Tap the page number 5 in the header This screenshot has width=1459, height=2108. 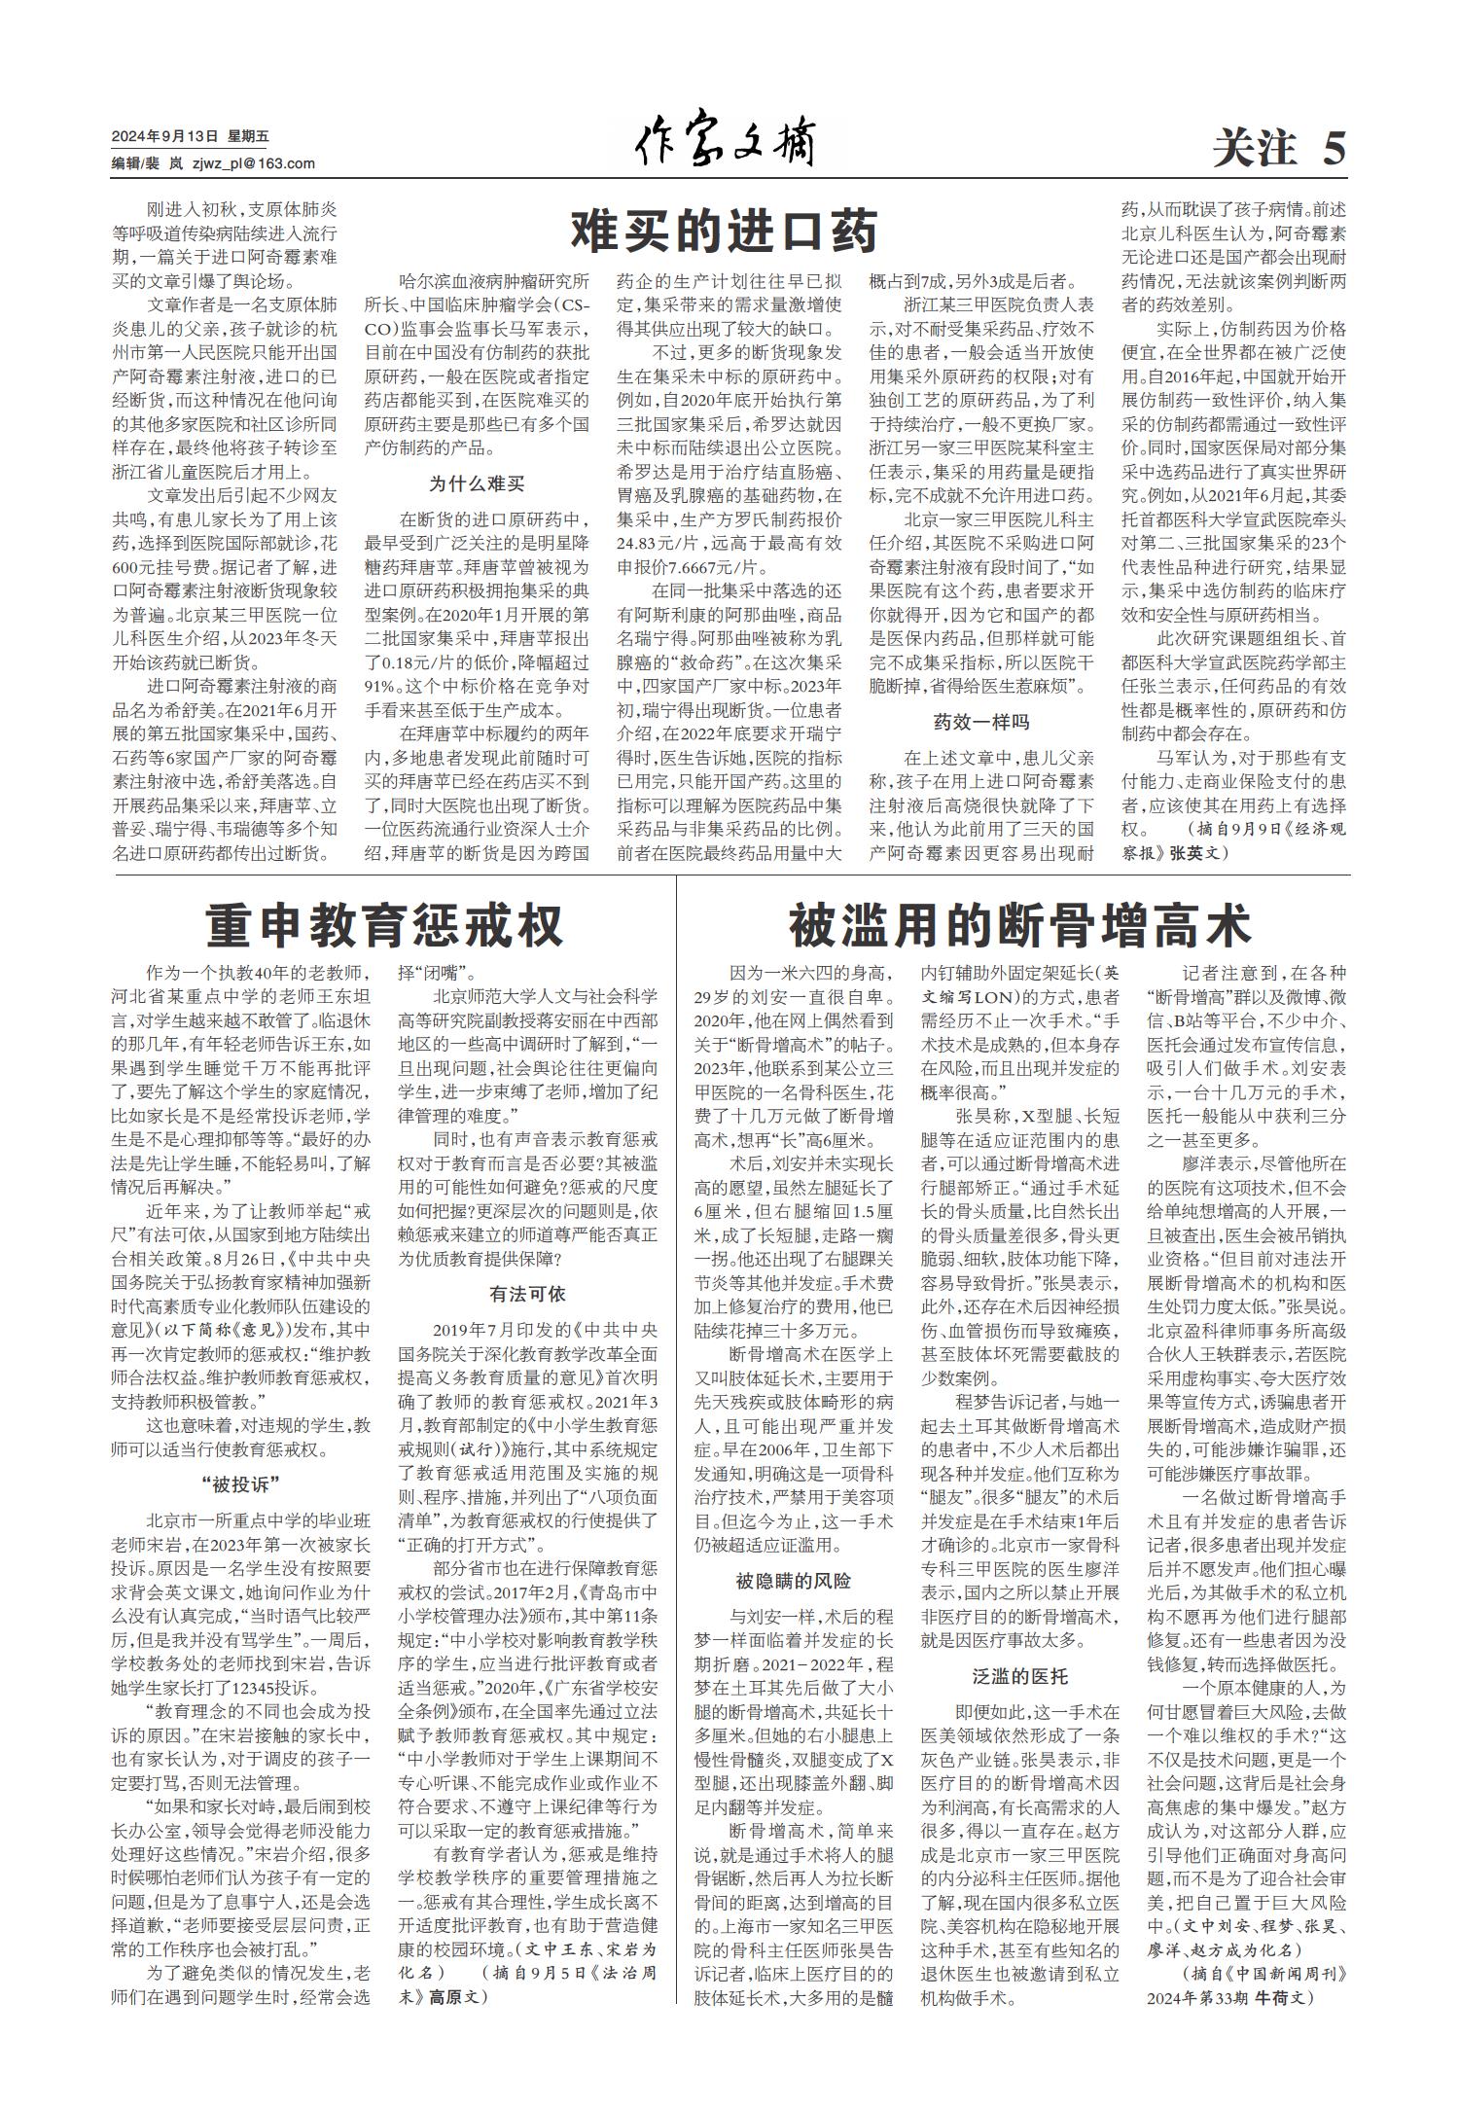click(x=1334, y=149)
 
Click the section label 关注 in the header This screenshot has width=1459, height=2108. click(x=1256, y=149)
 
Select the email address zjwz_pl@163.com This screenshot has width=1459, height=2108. click(x=254, y=163)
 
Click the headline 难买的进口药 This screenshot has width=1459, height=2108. click(x=725, y=232)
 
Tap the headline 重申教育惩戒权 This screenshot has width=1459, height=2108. click(x=385, y=925)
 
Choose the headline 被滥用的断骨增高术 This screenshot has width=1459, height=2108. click(x=1018, y=925)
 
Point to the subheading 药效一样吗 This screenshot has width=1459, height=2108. click(x=980, y=722)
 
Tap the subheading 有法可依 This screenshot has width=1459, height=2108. click(x=527, y=1294)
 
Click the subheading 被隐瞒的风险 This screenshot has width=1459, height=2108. click(x=793, y=1581)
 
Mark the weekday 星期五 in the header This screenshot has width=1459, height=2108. click(x=247, y=136)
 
